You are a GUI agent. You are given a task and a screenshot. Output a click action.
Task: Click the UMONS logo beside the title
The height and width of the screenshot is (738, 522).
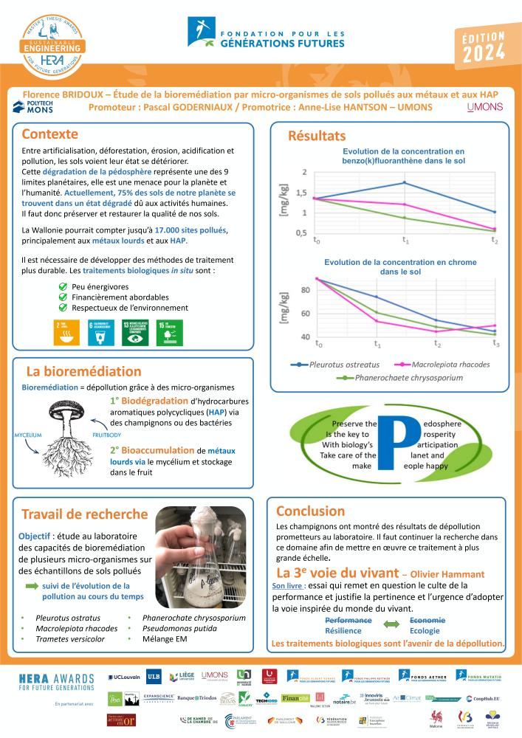pos(485,108)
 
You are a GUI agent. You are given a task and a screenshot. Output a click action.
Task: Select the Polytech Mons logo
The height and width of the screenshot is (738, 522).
pos(33,108)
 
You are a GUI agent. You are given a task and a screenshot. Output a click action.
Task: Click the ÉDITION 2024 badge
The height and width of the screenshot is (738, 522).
pos(484,46)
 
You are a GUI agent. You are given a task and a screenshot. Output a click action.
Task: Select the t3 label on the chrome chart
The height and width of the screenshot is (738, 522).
pos(496,344)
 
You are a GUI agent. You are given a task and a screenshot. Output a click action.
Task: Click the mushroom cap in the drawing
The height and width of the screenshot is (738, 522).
pos(74,410)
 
